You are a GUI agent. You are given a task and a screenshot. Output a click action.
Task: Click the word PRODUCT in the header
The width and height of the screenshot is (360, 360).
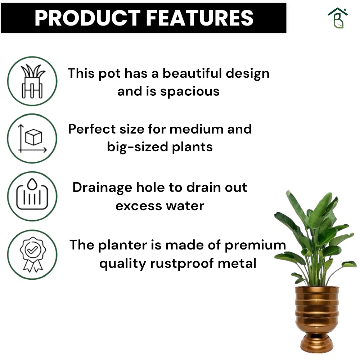click(x=87, y=18)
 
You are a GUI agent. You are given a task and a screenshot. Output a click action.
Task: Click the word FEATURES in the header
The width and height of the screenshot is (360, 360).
click(x=199, y=18)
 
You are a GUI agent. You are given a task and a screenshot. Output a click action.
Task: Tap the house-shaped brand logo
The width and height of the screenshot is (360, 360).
click(x=338, y=18)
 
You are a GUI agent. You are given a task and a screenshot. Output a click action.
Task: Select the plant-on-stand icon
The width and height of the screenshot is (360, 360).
click(x=32, y=81)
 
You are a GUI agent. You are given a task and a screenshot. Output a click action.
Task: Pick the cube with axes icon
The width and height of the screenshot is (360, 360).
click(x=32, y=139)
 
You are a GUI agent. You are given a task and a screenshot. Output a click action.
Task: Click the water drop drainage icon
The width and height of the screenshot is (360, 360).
click(x=32, y=194)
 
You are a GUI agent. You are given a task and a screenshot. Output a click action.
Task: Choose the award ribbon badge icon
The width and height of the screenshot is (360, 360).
click(x=33, y=255)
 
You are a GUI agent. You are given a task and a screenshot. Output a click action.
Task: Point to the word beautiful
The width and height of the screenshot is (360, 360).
click(x=192, y=73)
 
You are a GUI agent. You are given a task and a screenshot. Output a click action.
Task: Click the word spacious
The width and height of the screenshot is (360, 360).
click(x=190, y=92)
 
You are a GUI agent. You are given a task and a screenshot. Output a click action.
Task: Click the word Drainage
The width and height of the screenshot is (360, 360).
click(x=102, y=188)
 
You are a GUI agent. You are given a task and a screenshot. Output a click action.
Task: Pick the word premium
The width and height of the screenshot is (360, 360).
click(x=255, y=246)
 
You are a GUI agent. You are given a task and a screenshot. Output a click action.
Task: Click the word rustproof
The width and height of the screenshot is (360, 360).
click(x=181, y=264)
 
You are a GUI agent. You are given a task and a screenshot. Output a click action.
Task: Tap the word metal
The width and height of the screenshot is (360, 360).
click(x=237, y=264)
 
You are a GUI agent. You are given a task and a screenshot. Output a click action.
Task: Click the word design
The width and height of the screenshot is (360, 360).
click(x=248, y=74)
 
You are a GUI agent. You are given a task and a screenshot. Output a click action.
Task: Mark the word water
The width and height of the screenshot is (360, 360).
click(x=185, y=206)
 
